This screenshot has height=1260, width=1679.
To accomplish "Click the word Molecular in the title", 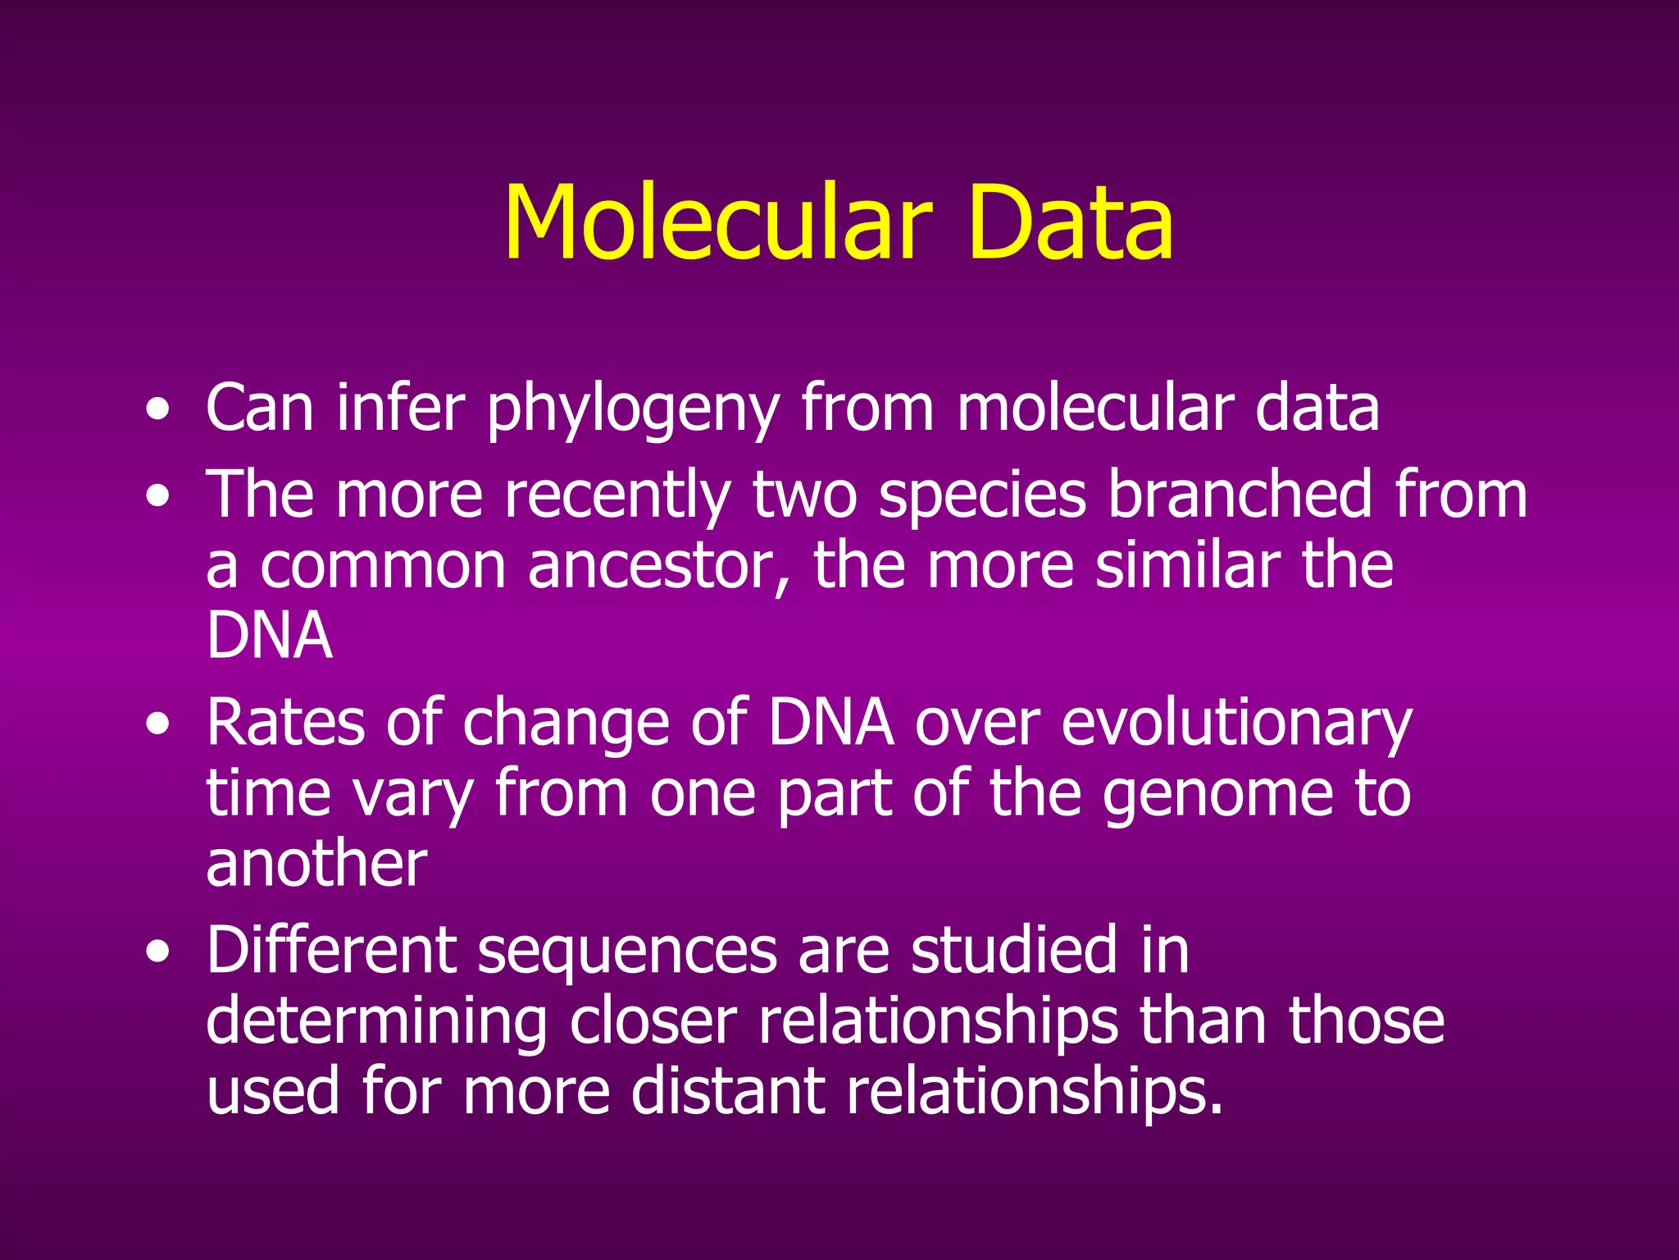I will coord(717,223).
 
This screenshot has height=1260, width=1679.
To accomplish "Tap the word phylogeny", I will coord(632,410).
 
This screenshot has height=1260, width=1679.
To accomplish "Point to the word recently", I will coord(617,495).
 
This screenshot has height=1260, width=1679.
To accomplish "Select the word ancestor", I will coord(659,566).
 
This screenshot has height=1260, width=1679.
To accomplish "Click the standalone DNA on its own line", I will coord(269,636).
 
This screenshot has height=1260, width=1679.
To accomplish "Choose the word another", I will coord(316,865).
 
